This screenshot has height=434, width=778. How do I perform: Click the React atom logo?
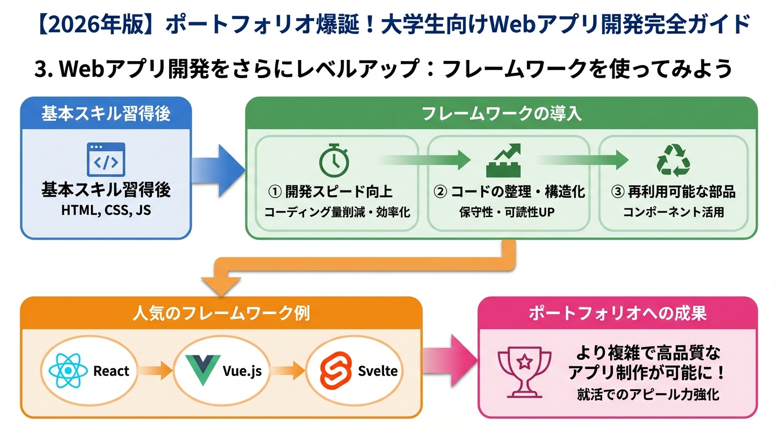[68, 371]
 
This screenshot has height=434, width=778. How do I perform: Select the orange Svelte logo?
[335, 371]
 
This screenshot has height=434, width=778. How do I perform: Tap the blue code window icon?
[106, 160]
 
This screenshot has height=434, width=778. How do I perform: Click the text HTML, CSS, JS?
[106, 211]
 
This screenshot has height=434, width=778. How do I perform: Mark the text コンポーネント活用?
[673, 212]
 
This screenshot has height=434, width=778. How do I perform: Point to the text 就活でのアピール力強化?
[648, 394]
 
